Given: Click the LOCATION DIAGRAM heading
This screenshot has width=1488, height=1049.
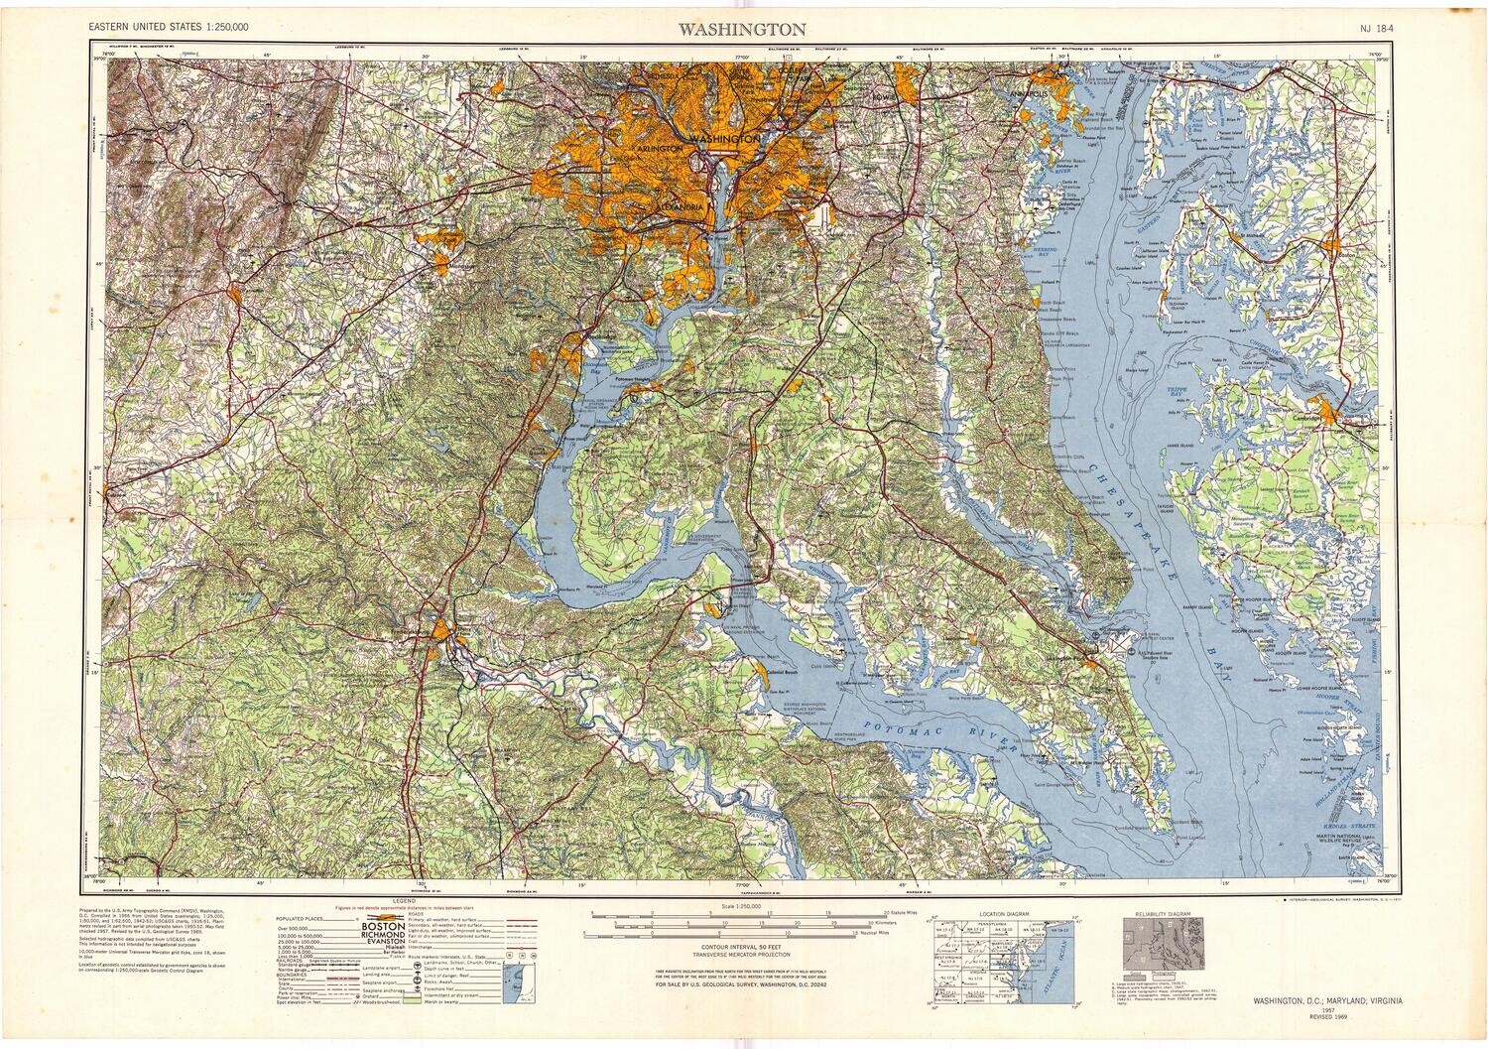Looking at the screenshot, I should tap(1003, 913).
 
